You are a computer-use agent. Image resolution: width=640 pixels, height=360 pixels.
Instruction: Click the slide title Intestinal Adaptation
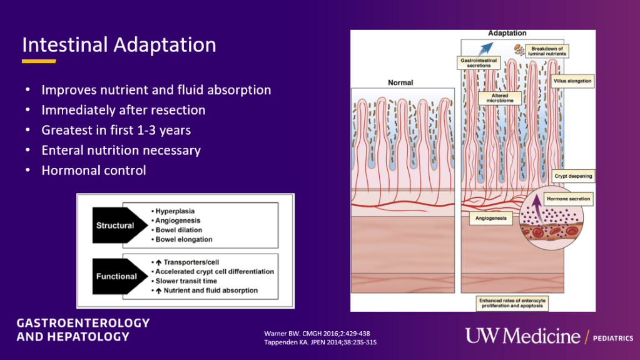(119, 45)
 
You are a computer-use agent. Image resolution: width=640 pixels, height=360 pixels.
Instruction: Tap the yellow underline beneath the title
(39, 61)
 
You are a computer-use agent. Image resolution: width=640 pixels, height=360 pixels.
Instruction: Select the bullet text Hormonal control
(93, 170)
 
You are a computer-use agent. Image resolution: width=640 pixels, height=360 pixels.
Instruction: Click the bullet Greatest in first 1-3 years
(116, 130)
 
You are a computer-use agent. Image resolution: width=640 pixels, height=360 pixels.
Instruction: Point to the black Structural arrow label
(116, 225)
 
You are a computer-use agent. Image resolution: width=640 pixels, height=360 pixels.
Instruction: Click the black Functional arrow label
(116, 276)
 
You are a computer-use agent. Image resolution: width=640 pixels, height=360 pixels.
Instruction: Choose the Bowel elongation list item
(183, 239)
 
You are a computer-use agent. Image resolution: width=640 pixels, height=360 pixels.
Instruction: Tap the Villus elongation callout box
(572, 81)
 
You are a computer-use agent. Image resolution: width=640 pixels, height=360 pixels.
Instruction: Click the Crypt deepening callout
(573, 177)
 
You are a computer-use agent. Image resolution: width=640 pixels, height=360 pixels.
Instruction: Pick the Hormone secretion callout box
(568, 199)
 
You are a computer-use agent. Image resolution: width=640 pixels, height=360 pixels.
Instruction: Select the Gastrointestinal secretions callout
(479, 62)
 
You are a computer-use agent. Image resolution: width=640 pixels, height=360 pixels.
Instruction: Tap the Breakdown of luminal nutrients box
(547, 51)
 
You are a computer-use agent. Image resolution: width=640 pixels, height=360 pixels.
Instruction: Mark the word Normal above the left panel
(400, 83)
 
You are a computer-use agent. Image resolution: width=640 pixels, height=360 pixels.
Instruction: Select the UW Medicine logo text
(522, 336)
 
